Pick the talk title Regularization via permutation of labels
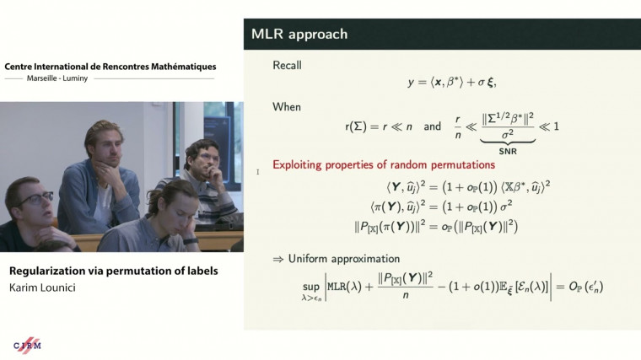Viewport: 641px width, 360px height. point(113,271)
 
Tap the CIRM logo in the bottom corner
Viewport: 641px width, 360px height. point(27,345)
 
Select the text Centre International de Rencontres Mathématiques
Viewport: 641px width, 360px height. point(110,66)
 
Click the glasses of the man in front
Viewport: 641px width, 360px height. point(34,200)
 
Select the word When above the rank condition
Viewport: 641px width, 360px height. point(287,107)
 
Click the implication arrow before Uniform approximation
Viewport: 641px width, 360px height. point(278,259)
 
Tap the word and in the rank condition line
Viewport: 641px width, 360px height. point(432,126)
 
